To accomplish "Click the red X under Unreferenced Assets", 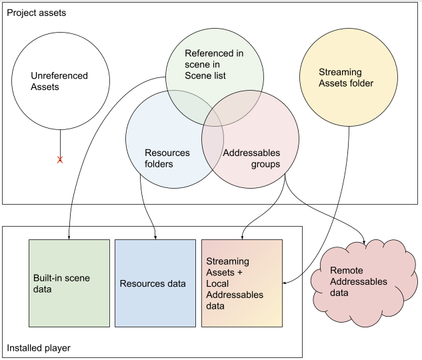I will click(x=60, y=160).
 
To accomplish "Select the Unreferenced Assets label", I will click(x=59, y=81).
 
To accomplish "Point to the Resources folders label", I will click(x=167, y=158).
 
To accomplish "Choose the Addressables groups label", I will click(x=251, y=158).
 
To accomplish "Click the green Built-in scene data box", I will click(x=69, y=283).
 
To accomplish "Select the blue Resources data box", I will click(x=155, y=283).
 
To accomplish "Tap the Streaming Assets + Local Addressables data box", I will click(x=241, y=283).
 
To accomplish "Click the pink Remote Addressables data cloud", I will click(x=363, y=281).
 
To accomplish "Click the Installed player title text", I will click(x=38, y=348).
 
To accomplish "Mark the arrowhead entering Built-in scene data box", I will click(x=69, y=237).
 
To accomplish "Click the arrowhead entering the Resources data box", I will click(x=155, y=237).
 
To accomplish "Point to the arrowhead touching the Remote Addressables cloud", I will click(x=363, y=242).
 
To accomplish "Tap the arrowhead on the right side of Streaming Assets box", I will click(x=285, y=283).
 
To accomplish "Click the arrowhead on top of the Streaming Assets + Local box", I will click(x=241, y=237).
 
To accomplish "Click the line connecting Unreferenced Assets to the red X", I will click(x=60, y=143).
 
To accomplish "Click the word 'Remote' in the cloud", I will click(x=347, y=271).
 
